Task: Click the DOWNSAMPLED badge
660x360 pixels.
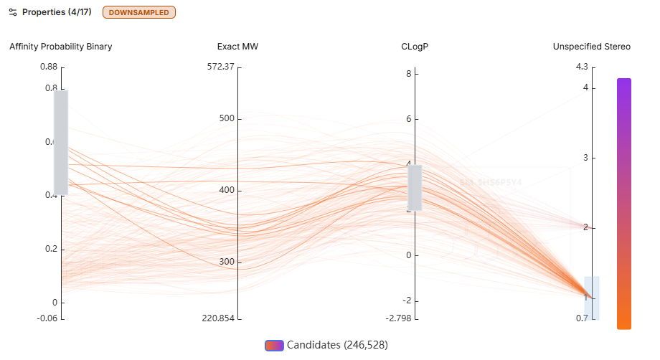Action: pos(139,12)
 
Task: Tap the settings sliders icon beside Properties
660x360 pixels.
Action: pos(12,12)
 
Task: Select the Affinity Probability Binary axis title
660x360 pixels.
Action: pos(61,47)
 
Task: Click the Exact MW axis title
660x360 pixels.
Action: pos(237,47)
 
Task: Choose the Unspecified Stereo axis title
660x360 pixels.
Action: pos(591,47)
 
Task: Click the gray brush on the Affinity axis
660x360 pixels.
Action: pos(61,143)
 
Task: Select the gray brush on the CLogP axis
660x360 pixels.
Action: pos(415,187)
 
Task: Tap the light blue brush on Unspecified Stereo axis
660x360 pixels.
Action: pos(591,298)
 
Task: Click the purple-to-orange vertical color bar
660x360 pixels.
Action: pos(624,204)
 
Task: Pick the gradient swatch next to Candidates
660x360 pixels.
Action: pos(274,345)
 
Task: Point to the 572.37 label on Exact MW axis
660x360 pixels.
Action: pos(220,67)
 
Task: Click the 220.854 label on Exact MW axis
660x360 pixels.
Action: pos(218,318)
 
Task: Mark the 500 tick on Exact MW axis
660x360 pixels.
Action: pos(226,118)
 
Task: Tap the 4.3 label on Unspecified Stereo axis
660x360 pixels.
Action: pos(581,67)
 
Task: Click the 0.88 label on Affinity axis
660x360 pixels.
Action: pos(49,67)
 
